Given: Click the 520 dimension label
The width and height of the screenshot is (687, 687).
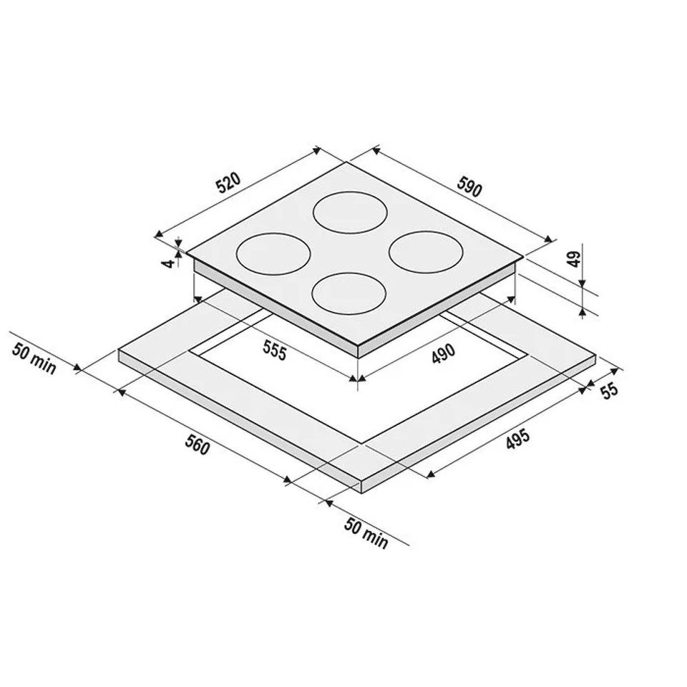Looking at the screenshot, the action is tap(229, 183).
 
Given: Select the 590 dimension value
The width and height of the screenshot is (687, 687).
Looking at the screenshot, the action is tap(469, 186).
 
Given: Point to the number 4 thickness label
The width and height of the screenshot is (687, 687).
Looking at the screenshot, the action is tap(167, 263).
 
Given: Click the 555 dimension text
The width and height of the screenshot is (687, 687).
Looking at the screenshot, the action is tap(274, 351).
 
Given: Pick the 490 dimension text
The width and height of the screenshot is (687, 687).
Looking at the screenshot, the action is tap(444, 354).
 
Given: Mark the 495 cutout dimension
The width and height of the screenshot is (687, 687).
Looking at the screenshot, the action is tap(518, 439).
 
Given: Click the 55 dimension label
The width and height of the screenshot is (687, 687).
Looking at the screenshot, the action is tap(609, 391).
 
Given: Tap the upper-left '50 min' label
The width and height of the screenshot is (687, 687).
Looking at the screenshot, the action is tap(34, 359).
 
